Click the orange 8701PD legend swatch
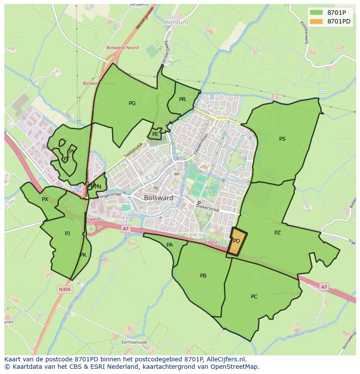click(316, 21)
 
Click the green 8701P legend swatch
click(316, 13)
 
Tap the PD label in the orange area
click(237, 241)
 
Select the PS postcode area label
click(282, 139)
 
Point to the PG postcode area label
click(132, 103)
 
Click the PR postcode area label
click(182, 99)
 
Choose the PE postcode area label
click(155, 134)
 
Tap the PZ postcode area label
click(277, 233)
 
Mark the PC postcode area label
click(254, 297)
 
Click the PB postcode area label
click(203, 276)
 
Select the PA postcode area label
click(170, 245)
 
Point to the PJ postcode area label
click(67, 234)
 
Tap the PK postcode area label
click(83, 255)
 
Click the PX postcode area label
click(45, 199)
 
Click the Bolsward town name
click(158, 198)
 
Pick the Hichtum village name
click(176, 22)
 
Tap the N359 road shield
click(64, 289)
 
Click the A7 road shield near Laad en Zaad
click(323, 287)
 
